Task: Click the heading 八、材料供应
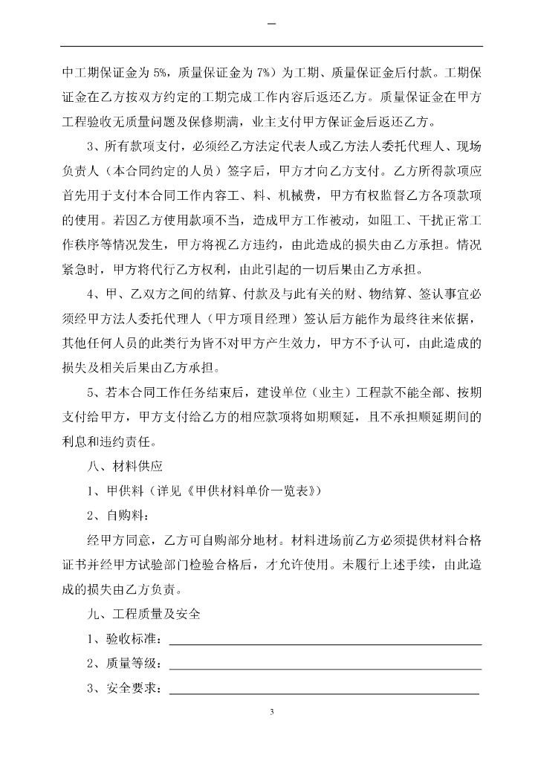[x=125, y=467]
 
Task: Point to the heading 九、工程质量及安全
[x=143, y=615]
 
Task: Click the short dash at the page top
[x=270, y=26]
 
